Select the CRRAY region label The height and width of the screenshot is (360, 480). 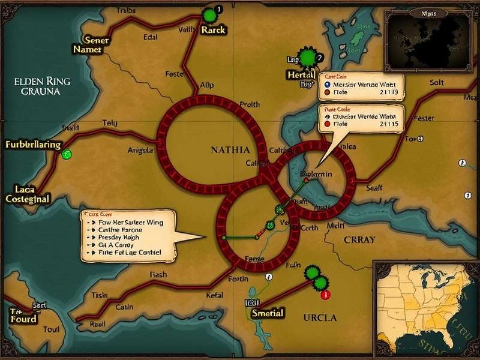359,239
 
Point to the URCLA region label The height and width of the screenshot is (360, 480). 320,317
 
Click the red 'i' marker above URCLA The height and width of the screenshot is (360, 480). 325,295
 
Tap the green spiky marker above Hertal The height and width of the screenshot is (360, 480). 308,58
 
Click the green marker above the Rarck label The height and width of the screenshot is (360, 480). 209,14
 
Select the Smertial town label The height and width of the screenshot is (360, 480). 268,313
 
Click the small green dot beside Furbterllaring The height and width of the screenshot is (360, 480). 67,154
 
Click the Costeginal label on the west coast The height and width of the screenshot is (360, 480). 28,198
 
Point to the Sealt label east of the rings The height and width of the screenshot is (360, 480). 373,188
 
